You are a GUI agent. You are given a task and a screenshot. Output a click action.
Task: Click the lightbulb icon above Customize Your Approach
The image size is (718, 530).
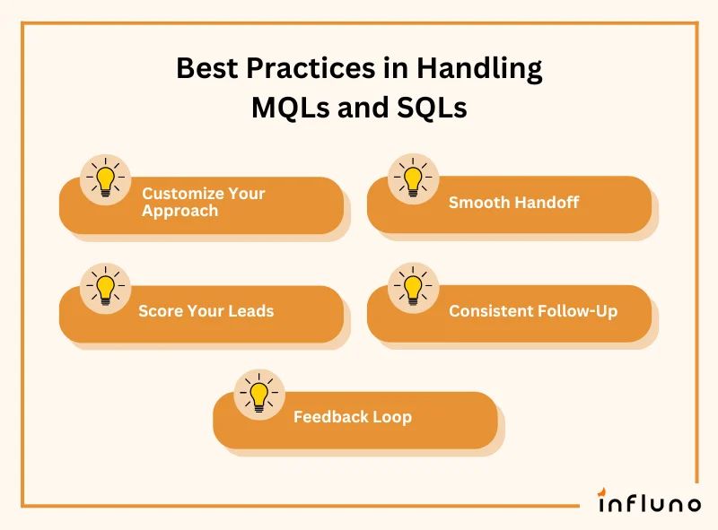click(x=106, y=178)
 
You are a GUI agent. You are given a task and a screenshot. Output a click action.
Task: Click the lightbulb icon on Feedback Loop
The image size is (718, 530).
click(x=259, y=394)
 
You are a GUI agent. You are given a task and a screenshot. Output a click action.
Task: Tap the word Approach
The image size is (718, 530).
click(x=179, y=211)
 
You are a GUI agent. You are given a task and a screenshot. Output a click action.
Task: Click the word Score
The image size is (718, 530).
click(x=158, y=312)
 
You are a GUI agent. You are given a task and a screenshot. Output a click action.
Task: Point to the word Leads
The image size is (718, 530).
click(x=248, y=312)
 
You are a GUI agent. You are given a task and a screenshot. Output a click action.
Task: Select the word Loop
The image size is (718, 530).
click(x=392, y=417)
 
